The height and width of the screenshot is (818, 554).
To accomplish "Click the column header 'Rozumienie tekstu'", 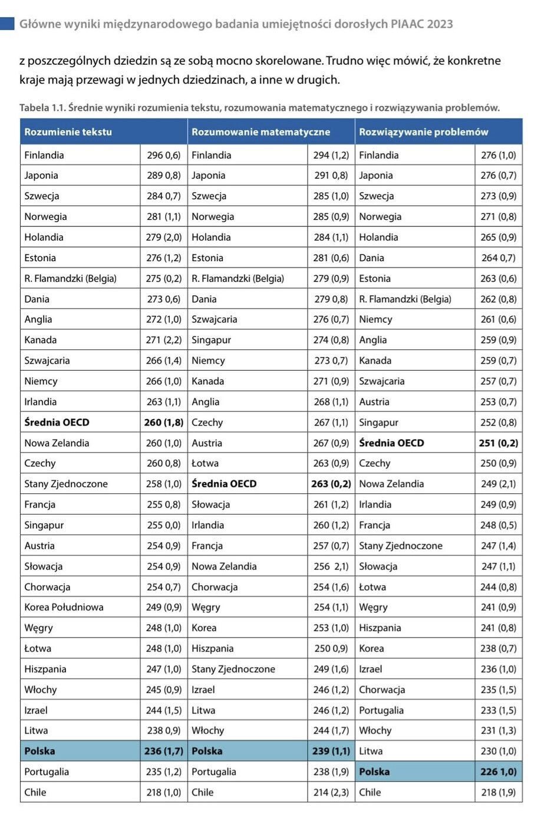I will click(68, 132).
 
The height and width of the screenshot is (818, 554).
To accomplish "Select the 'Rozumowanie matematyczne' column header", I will click(260, 132).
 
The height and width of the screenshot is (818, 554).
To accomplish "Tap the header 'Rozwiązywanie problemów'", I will click(423, 132).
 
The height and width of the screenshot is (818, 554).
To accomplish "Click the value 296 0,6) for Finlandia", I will click(163, 155).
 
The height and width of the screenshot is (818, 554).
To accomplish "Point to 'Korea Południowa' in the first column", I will click(64, 607).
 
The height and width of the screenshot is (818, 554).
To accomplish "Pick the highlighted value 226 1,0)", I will click(498, 771).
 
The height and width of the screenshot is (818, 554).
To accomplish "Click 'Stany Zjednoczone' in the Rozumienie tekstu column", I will click(66, 484).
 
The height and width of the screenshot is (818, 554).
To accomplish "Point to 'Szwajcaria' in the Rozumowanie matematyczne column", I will click(214, 319).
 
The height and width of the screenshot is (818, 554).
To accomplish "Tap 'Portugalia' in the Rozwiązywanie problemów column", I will click(381, 710).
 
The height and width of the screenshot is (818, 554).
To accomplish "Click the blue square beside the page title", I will click(7, 24).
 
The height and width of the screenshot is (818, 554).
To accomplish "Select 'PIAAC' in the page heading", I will click(407, 24).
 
